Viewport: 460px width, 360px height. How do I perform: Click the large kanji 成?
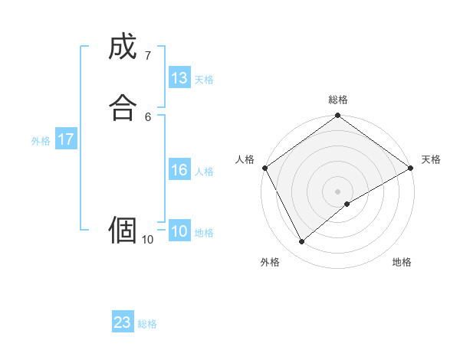(x=123, y=47)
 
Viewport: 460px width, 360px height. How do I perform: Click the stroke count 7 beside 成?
(x=148, y=55)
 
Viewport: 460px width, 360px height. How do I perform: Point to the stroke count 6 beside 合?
(x=148, y=116)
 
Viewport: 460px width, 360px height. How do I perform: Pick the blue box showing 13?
(x=179, y=78)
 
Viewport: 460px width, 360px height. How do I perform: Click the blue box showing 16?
(x=179, y=170)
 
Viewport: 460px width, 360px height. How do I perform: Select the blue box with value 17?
(x=66, y=139)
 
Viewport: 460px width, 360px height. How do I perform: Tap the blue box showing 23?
(x=123, y=322)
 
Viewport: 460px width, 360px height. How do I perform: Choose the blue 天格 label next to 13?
(x=204, y=80)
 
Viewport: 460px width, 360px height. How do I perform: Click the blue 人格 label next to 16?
(x=204, y=172)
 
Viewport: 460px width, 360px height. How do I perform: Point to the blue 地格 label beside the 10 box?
(x=204, y=233)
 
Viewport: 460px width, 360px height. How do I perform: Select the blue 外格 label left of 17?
(x=41, y=141)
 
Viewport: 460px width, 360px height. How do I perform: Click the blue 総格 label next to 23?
(x=147, y=324)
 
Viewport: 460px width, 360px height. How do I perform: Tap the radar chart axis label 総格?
(x=338, y=100)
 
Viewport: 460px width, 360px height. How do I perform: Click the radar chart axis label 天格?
(x=431, y=159)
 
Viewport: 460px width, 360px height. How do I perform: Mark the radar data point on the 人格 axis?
(x=264, y=168)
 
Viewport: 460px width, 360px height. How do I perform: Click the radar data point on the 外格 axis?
(x=301, y=242)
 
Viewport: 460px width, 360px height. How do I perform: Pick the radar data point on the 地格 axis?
(x=347, y=204)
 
